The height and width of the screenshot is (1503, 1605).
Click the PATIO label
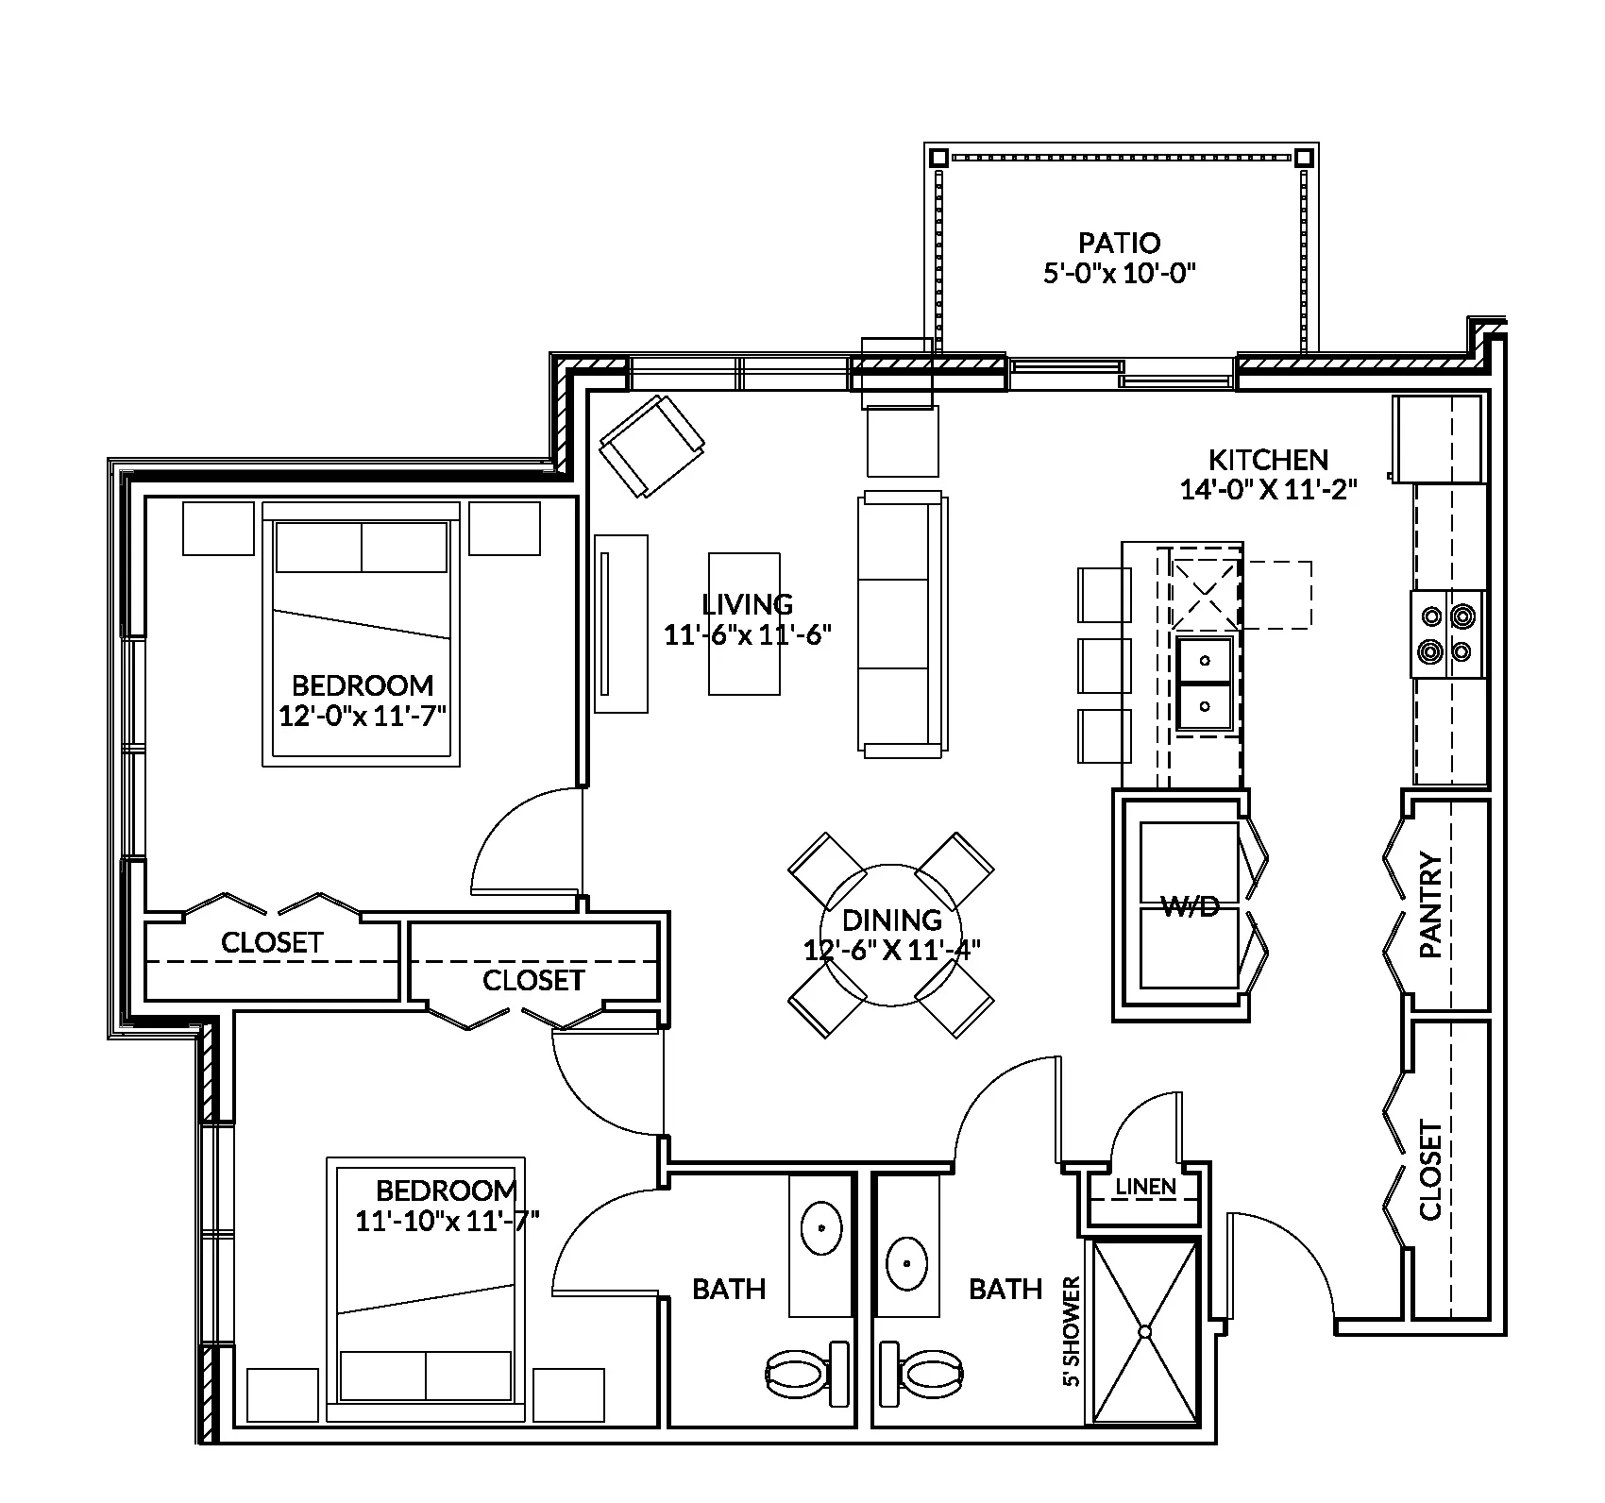click(x=1119, y=243)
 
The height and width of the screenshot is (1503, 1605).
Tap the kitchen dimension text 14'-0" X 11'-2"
click(x=1268, y=490)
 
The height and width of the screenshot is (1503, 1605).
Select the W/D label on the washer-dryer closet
click(x=1190, y=907)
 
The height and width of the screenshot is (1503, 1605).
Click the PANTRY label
click(x=1431, y=905)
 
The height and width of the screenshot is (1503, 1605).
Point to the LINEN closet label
click(x=1145, y=1187)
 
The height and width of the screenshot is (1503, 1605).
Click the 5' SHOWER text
click(x=1071, y=1331)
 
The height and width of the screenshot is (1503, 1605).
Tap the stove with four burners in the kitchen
click(x=1447, y=633)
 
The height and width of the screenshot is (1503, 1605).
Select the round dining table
click(x=890, y=935)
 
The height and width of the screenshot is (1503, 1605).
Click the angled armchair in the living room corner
click(x=652, y=446)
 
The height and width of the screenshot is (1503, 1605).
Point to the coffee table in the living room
click(x=744, y=623)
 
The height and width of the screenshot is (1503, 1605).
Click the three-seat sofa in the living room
click(x=900, y=623)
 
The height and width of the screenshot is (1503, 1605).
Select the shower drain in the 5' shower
click(x=1144, y=1331)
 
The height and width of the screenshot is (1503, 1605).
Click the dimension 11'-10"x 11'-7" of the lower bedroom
click(x=447, y=1221)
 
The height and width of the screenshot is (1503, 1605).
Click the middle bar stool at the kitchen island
click(x=1103, y=666)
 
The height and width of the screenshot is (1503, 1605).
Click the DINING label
click(x=891, y=920)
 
